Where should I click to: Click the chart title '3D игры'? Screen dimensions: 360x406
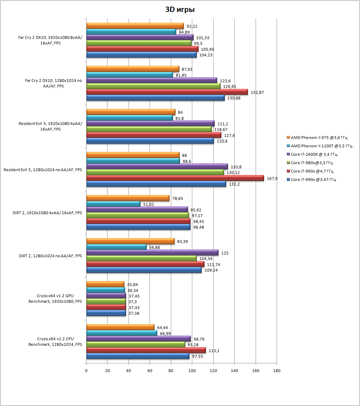(180, 9)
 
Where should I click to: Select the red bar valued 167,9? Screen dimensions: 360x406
(175, 178)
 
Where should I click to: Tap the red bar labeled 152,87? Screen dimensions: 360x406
(167, 92)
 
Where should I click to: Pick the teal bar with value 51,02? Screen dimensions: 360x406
(113, 204)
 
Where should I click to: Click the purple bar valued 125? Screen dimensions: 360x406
(152, 253)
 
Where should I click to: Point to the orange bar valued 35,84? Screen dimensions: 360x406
(105, 284)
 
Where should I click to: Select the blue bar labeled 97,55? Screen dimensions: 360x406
(138, 356)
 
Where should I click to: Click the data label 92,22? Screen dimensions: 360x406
(192, 26)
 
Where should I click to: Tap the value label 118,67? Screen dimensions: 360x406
(221, 130)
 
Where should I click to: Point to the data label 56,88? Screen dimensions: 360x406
(155, 247)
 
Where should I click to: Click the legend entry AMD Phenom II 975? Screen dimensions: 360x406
(317, 138)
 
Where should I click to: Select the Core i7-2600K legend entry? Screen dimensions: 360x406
(312, 154)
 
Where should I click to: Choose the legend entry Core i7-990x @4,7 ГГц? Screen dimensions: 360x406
(310, 171)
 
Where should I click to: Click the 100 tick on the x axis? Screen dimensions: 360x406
(192, 371)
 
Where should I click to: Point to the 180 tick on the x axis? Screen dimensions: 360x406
(277, 371)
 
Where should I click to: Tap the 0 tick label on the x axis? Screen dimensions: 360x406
(86, 371)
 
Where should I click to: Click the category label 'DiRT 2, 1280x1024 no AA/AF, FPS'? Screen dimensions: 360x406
(50, 256)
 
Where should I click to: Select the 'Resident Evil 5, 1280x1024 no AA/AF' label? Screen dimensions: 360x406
(43, 170)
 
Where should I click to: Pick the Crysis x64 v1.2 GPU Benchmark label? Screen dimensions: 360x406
(55, 299)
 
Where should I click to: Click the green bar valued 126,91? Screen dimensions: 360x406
(153, 86)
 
